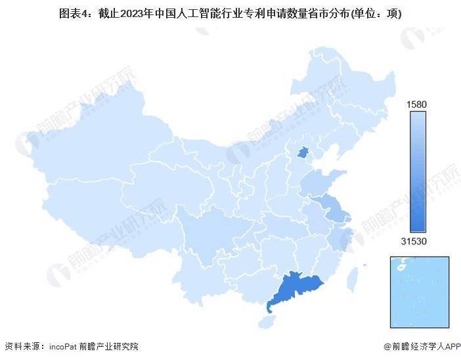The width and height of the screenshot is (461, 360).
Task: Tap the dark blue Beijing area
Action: [x=303, y=154]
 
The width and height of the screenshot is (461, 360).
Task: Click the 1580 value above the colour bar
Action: [x=418, y=104]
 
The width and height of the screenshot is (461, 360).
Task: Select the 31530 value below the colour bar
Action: [x=418, y=241]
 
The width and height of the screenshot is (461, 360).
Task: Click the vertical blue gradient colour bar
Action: [x=418, y=172]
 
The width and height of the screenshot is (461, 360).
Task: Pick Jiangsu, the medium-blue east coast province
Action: [x=333, y=209]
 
